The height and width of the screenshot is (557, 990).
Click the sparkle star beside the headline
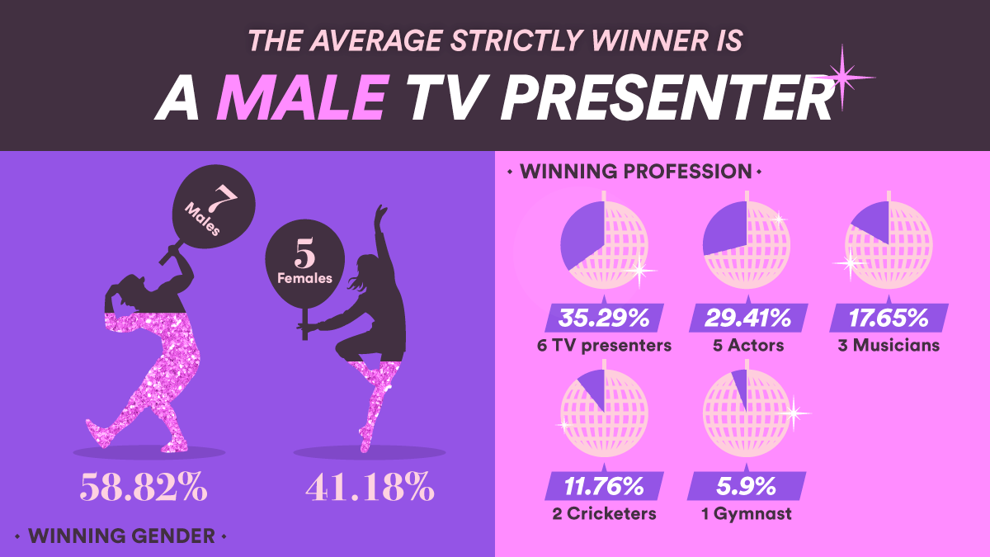[842, 78]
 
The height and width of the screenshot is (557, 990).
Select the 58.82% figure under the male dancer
[144, 486]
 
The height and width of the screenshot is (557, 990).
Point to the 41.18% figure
[370, 486]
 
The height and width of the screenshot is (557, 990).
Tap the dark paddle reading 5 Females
[305, 265]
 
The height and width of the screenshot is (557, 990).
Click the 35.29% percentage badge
[604, 318]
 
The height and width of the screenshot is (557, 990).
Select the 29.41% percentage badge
[747, 318]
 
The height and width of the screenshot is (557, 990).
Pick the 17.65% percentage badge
[889, 318]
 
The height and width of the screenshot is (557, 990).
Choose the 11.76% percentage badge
[604, 486]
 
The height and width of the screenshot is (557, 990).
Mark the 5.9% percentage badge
[747, 486]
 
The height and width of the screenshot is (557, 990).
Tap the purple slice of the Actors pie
[727, 228]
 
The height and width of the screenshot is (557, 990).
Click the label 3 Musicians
[889, 345]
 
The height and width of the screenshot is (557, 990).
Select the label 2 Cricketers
[604, 513]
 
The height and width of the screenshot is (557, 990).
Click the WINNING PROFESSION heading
[635, 172]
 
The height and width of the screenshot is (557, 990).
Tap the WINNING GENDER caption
[121, 536]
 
